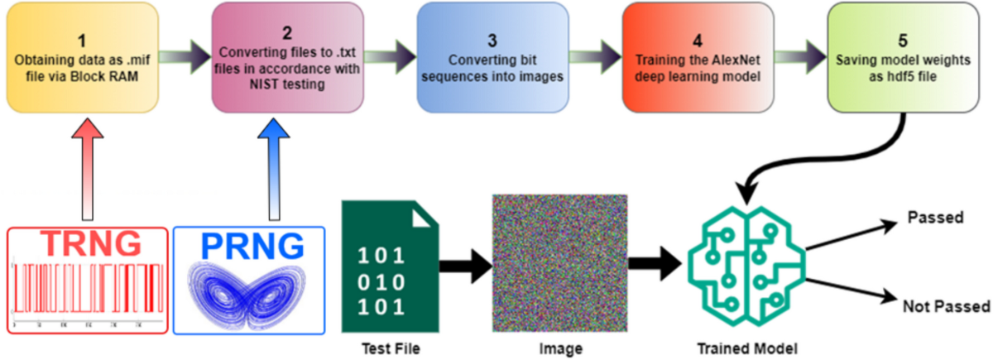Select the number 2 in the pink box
pyautogui.click(x=286, y=35)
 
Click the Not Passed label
pyautogui.click(x=946, y=306)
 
